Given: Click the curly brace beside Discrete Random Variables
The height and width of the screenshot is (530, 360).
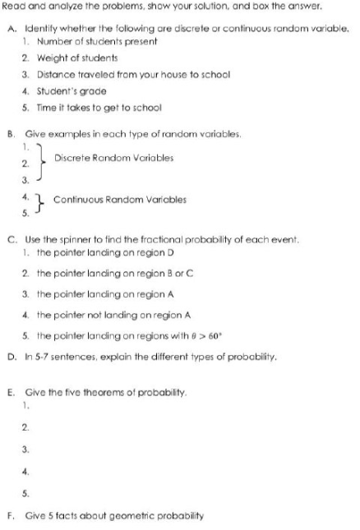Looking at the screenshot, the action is pos(42,158).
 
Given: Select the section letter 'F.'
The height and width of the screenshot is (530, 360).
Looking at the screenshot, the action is pos(10,515).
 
